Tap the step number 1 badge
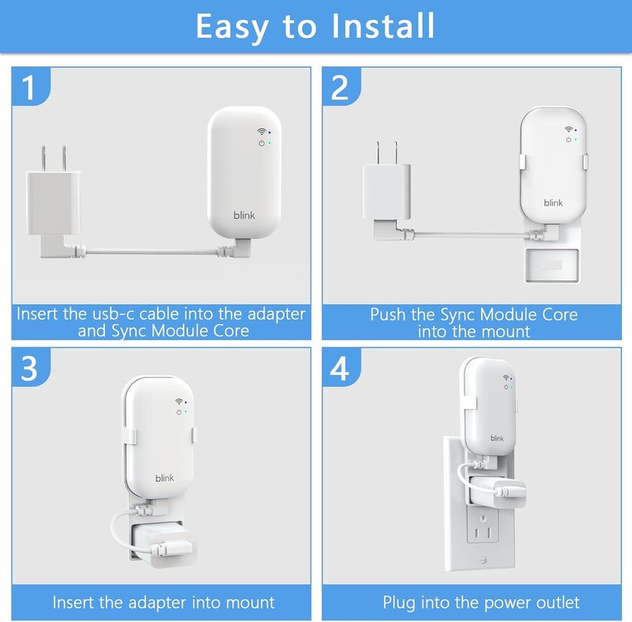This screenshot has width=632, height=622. [29, 88]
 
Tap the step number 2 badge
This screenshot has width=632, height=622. [340, 88]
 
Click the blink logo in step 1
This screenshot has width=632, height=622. [244, 214]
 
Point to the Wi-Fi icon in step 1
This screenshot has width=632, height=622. [261, 132]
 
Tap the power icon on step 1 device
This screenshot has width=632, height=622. [261, 143]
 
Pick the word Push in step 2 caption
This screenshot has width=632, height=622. [389, 314]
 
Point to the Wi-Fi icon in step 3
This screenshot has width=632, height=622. [179, 401]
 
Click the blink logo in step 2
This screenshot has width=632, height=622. [554, 203]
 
